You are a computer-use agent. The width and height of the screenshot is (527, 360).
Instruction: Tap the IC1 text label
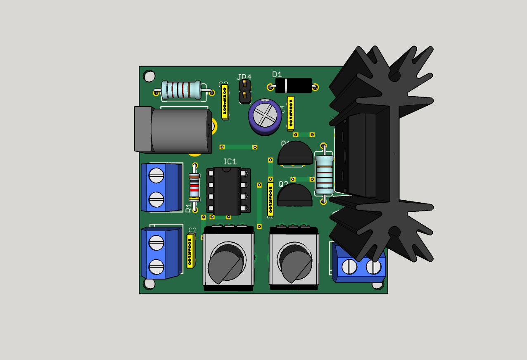click(x=230, y=162)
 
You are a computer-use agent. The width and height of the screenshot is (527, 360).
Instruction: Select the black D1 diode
click(x=294, y=85)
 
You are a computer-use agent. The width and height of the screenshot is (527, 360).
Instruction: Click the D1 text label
click(x=277, y=74)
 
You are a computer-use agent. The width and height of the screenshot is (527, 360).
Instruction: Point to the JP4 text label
click(x=244, y=77)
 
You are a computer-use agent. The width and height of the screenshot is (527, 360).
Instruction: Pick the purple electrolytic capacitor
click(x=265, y=116)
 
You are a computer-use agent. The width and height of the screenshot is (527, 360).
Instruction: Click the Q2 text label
click(x=283, y=184)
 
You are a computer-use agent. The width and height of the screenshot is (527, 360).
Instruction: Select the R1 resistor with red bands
click(x=195, y=187)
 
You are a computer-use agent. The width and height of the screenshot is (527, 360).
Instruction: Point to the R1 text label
click(x=189, y=207)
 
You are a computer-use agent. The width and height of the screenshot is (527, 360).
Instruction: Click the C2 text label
click(x=192, y=230)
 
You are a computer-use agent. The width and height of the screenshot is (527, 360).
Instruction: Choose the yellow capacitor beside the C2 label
click(x=190, y=251)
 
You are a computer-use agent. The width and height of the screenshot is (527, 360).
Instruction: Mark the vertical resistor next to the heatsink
click(x=324, y=174)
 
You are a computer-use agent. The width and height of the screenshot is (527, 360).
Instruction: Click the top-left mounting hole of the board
click(x=149, y=76)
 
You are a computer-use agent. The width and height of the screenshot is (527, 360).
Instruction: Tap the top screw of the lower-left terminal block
click(x=157, y=242)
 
